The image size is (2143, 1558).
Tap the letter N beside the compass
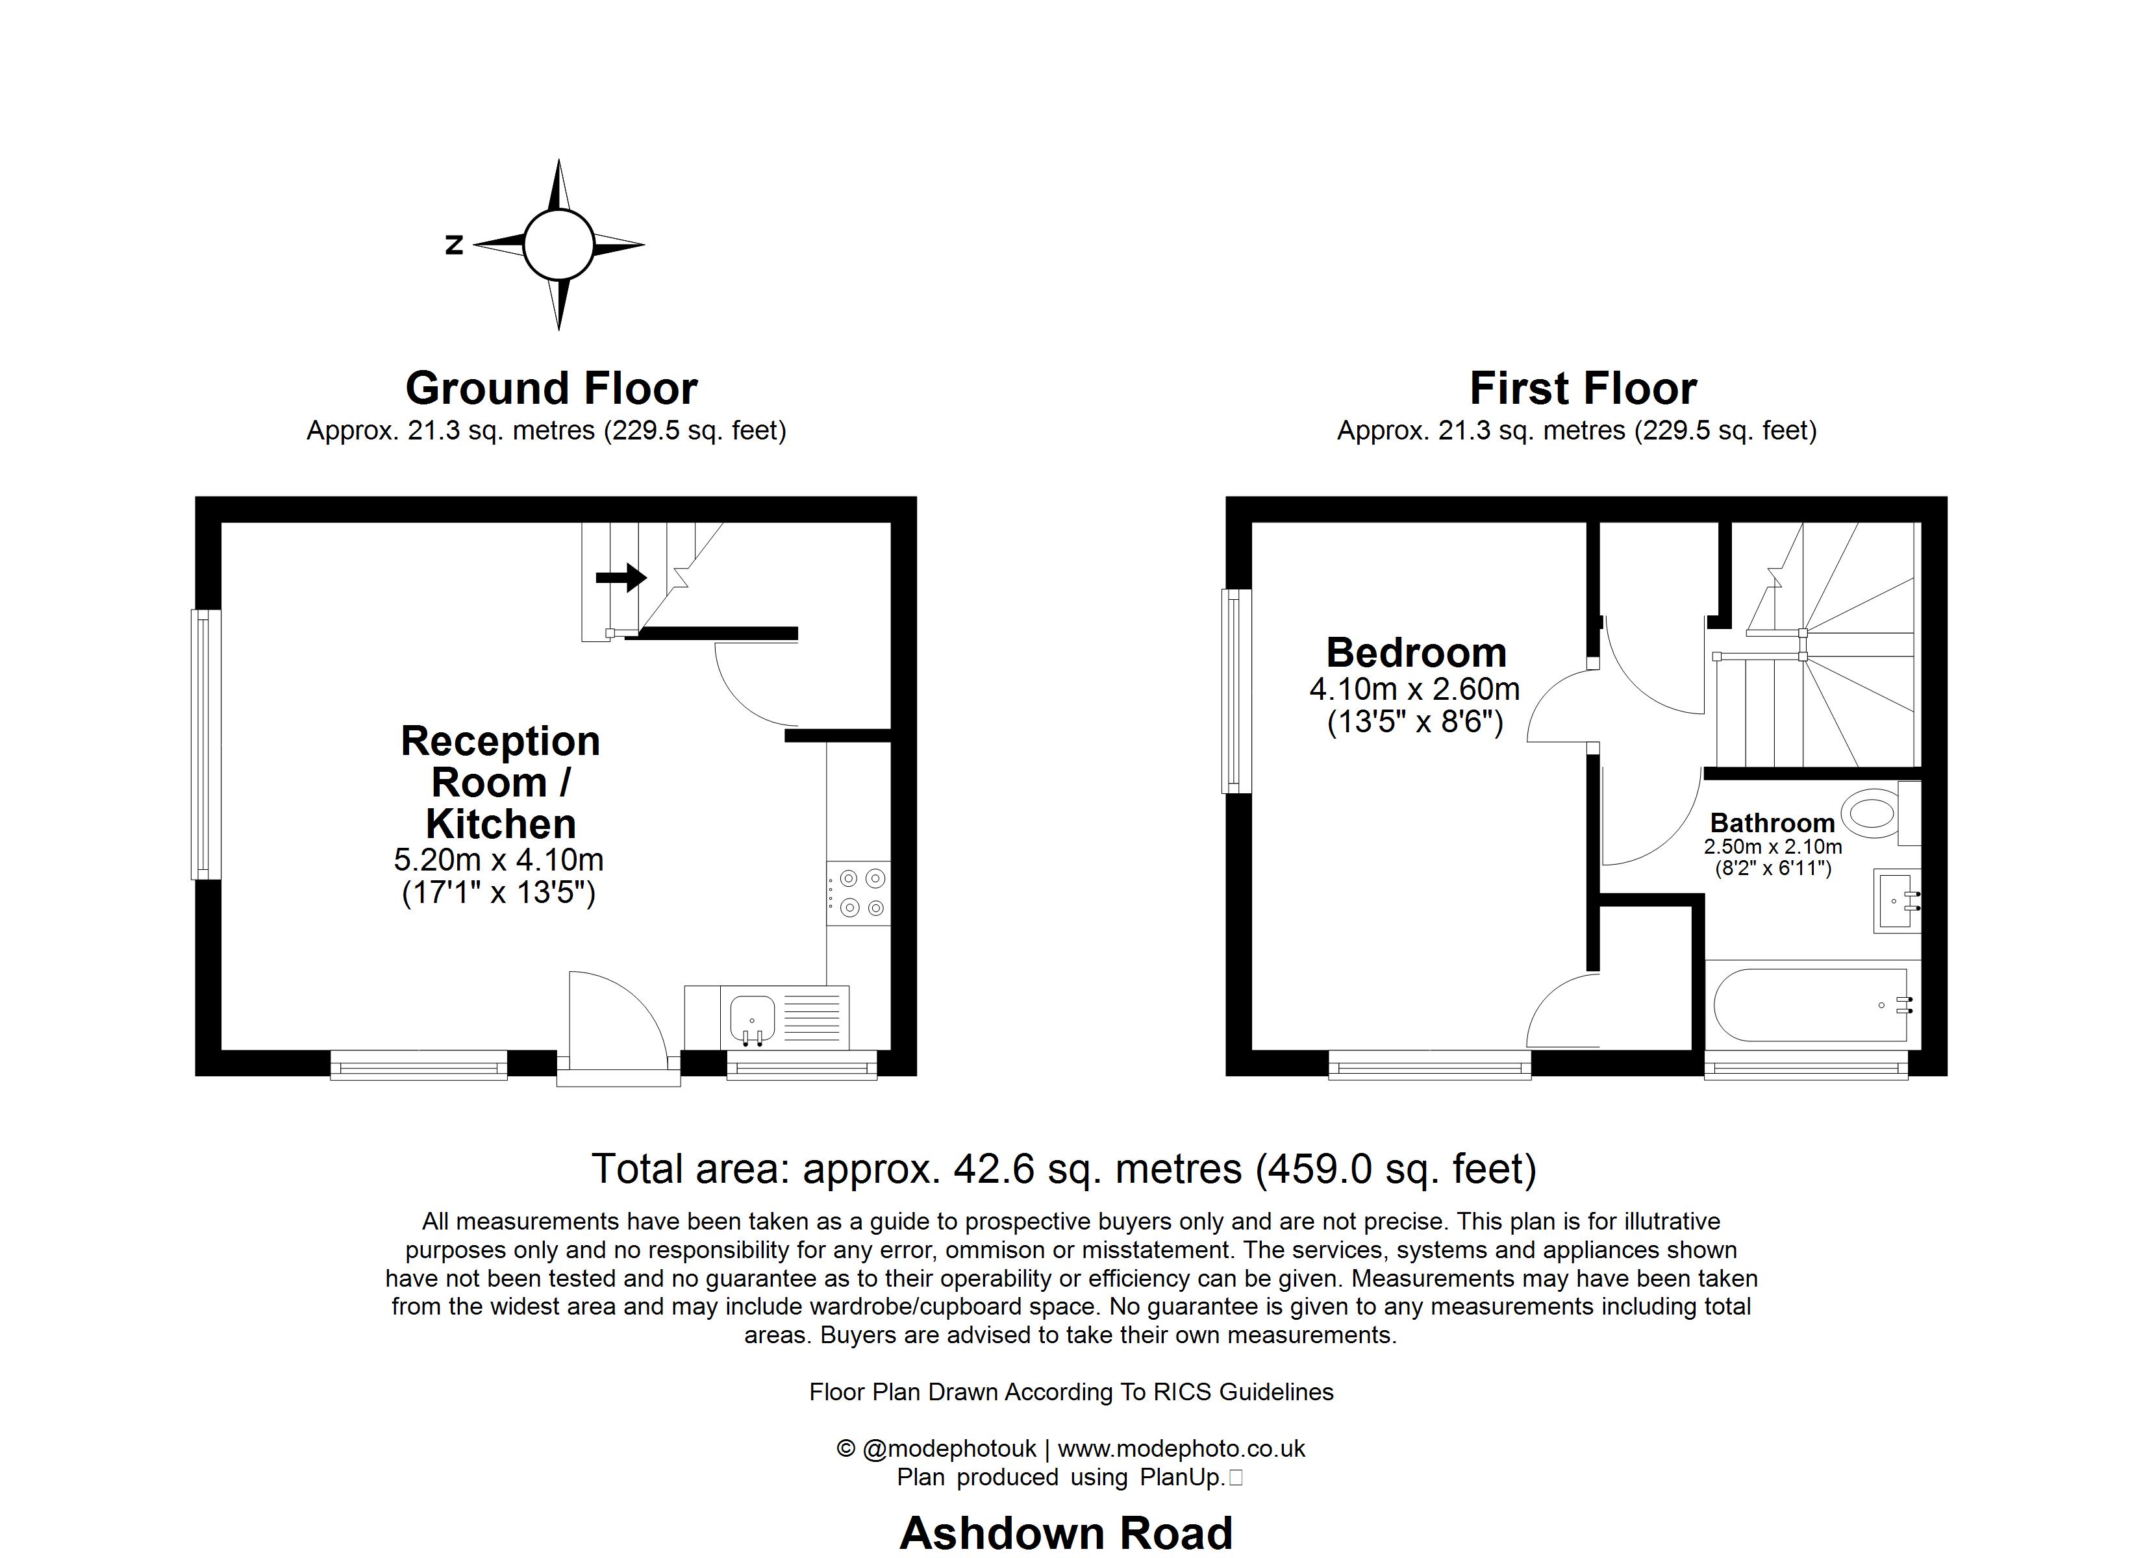click(x=455, y=245)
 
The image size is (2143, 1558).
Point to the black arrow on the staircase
click(x=621, y=576)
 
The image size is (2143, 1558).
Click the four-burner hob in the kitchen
click(x=858, y=893)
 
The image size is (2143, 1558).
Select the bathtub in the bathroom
click(x=1809, y=1006)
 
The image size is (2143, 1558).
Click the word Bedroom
click(x=1416, y=653)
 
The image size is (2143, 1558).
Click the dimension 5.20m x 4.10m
click(x=498, y=859)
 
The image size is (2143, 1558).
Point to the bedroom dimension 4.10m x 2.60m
click(x=1414, y=689)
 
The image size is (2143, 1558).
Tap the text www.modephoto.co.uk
click(x=1181, y=1448)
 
